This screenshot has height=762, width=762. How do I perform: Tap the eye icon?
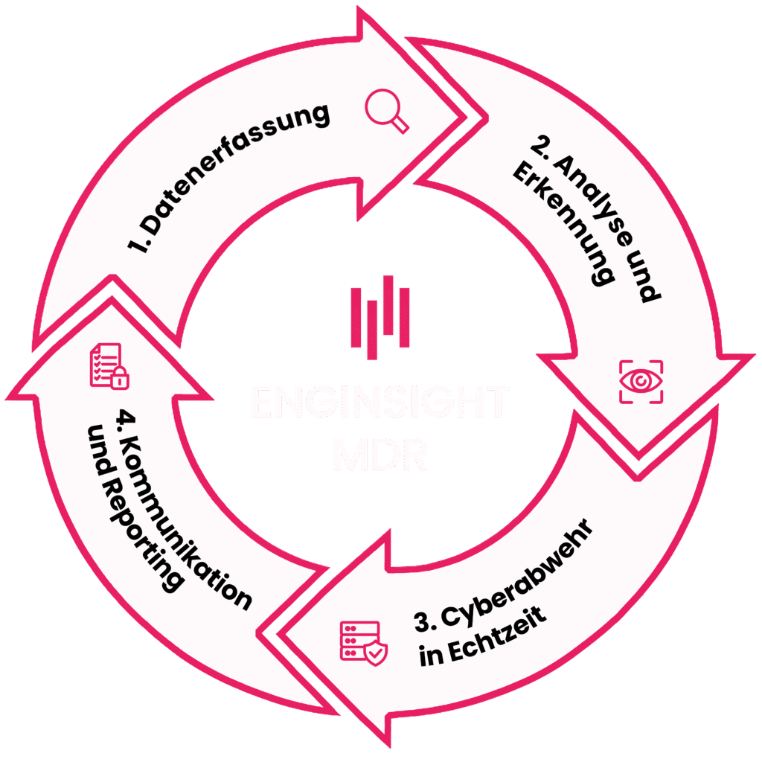639,381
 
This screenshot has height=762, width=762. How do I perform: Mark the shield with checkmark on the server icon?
376,653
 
